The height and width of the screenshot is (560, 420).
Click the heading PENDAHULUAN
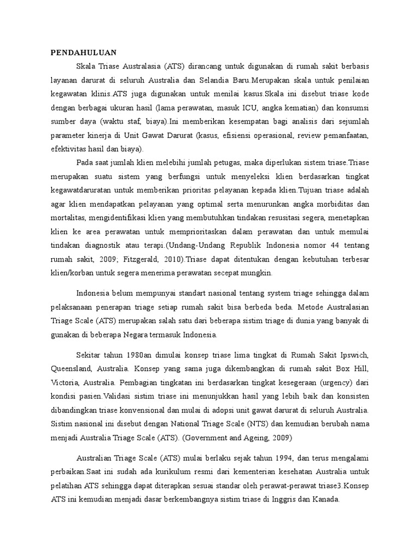pos(84,52)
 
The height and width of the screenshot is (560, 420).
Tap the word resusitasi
pos(293,218)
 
